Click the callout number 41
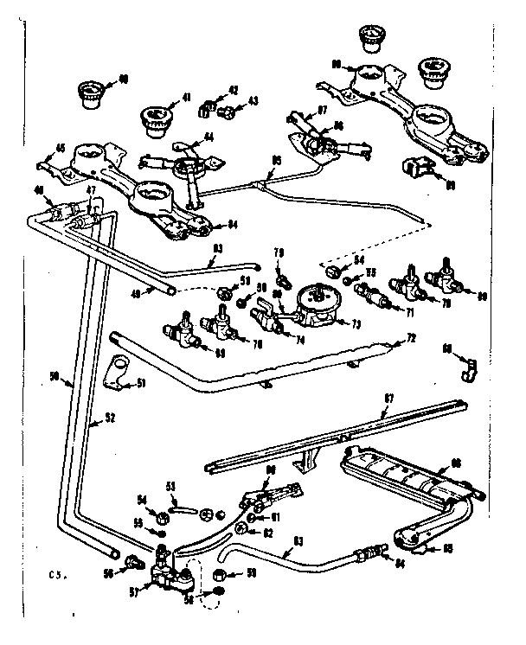(187, 98)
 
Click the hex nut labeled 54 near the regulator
(331, 270)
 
